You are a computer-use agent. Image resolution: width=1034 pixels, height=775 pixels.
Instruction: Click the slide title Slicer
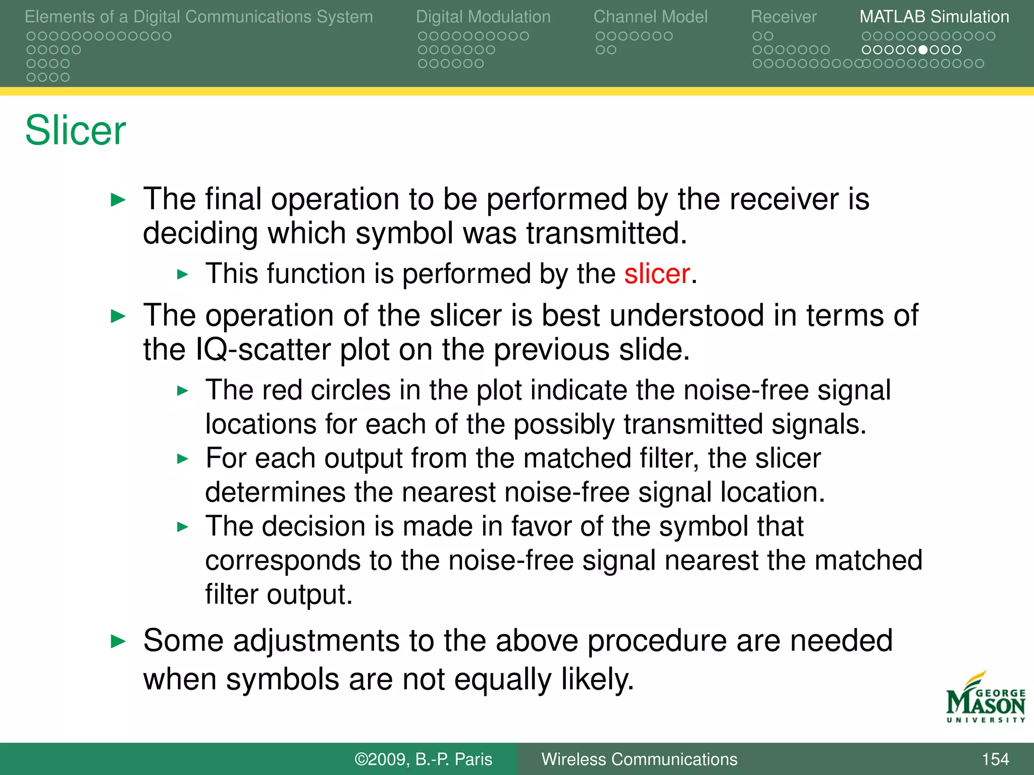(x=75, y=130)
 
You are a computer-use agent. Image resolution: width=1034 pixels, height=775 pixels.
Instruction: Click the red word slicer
(x=656, y=274)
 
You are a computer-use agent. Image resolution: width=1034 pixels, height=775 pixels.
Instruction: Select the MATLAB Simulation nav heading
(x=934, y=17)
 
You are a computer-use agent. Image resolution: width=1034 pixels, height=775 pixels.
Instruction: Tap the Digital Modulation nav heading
(x=483, y=17)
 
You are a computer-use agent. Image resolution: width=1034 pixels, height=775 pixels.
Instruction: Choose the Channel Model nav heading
(x=650, y=17)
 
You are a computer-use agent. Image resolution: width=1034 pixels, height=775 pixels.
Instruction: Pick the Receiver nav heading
(x=783, y=17)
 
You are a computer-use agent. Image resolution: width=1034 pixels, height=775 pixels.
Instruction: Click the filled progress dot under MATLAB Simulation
(x=923, y=50)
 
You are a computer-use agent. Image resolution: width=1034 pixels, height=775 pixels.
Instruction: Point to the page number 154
(x=995, y=759)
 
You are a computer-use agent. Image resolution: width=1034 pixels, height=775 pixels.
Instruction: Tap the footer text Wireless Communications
(x=639, y=759)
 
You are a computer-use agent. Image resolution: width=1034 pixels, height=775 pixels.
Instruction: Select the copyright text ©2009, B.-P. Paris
(x=423, y=759)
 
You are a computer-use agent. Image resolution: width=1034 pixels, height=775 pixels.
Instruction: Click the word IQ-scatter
(x=262, y=350)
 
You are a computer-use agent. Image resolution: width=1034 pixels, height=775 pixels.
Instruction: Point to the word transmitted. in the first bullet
(x=606, y=233)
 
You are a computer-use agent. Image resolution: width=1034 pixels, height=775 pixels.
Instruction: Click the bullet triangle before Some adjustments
(x=118, y=642)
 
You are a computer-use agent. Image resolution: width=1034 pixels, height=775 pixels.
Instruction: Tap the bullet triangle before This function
(x=182, y=275)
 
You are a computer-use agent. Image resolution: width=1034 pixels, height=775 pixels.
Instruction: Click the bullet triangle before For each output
(x=182, y=459)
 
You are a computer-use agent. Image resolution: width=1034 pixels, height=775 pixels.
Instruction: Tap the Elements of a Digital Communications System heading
(x=198, y=17)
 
